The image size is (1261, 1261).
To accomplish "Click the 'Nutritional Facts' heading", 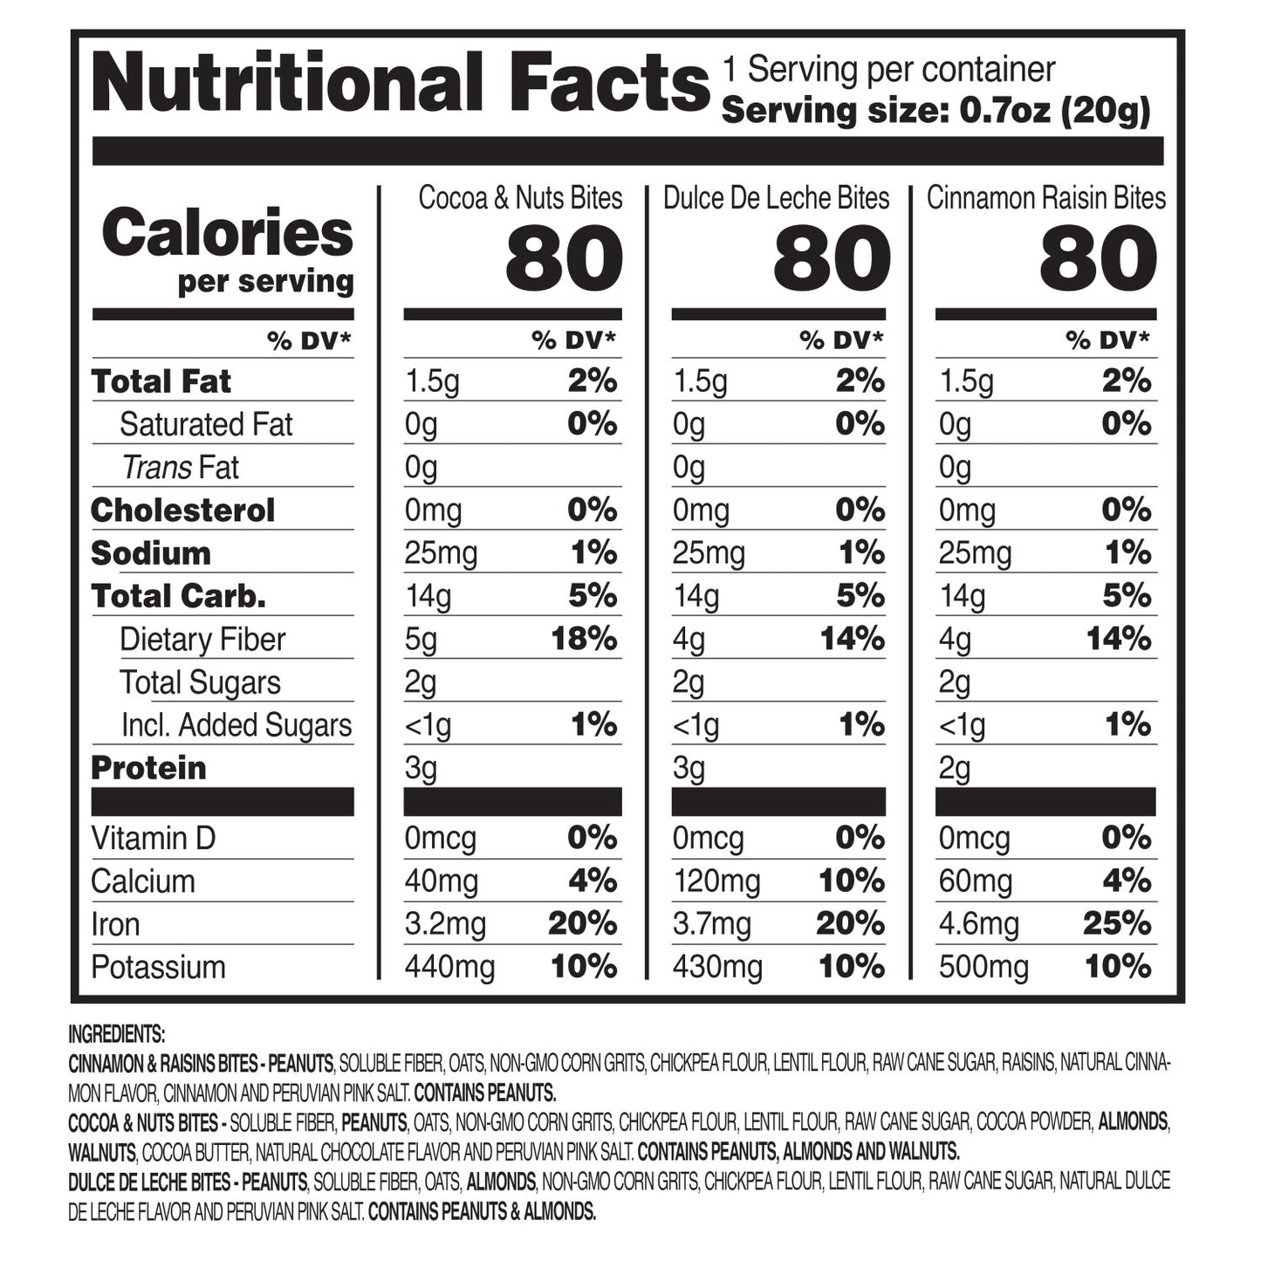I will pos(401,84).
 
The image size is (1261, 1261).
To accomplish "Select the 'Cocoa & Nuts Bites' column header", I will pos(520,198).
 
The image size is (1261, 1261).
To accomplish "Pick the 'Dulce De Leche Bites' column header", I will pos(776,198).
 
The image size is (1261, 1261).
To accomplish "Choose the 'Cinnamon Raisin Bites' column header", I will pos(1045,198).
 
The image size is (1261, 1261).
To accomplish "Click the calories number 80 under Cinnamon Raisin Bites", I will pos(1098,259).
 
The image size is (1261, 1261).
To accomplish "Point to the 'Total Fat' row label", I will pos(161,381).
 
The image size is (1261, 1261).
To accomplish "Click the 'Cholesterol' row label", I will pos(182,511).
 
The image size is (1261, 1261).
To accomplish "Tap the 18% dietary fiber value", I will pos(584,640).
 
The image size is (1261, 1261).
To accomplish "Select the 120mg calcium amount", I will pos(716,881).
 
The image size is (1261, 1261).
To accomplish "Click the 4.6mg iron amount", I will pos(978,924).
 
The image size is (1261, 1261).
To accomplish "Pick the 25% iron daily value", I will pos(1117,924).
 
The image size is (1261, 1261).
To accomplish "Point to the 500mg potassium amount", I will pos(983,967).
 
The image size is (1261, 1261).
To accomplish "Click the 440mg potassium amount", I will pos(449,967).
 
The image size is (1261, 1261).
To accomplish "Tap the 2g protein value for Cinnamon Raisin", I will pos(955,769).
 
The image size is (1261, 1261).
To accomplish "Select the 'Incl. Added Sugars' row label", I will pos(236,725).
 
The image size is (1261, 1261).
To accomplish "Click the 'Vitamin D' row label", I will pos(153,839).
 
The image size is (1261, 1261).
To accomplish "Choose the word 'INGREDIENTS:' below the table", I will pos(116,1035).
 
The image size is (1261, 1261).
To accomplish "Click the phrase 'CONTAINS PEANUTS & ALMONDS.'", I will pos(482,1211).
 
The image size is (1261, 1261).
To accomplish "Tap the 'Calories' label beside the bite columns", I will pos(227,233).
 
